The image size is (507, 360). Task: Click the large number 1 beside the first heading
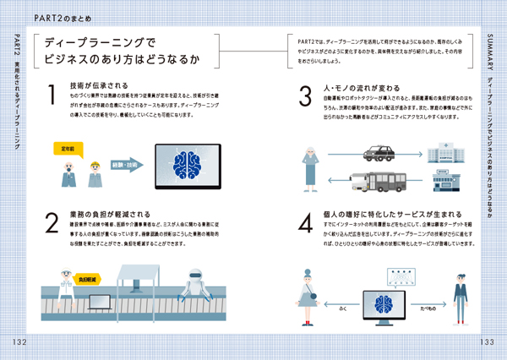coord(52,95)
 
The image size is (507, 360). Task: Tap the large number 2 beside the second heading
coord(52,221)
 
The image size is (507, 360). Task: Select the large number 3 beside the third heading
coord(306,95)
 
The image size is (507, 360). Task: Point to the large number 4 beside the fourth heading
coord(306,221)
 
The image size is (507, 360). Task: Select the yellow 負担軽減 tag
coord(87,277)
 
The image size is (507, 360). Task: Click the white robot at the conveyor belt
coord(196,282)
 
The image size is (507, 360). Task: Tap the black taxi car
coord(379,153)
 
